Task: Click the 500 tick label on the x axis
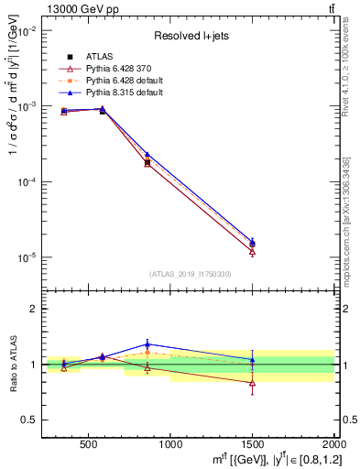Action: point(89,446)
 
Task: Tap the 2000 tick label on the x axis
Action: point(331,446)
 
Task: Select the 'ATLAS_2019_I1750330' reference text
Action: point(190,274)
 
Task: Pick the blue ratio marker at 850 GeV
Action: point(147,344)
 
